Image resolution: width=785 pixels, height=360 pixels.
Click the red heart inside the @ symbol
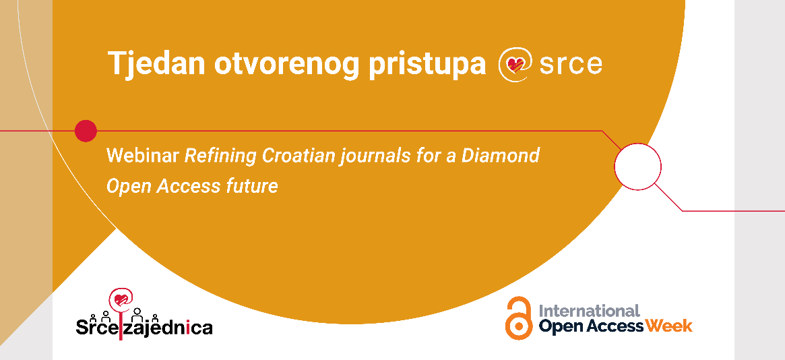pos(515,64)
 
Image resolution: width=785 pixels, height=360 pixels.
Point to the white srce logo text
pos(571,65)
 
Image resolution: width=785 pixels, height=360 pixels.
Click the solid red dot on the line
pos(86,131)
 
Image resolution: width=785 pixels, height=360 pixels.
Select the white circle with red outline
pos(638,167)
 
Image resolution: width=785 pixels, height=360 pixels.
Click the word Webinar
pos(143,156)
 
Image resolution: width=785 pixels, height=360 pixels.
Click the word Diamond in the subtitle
pos(501,156)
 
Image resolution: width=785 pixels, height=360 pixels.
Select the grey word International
pos(589,311)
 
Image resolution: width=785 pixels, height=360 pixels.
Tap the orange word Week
pos(669,326)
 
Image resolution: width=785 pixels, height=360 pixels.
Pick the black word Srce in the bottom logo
pos(96,327)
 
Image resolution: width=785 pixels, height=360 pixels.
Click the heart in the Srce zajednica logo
pos(121,300)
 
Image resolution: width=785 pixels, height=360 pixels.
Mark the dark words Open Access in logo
pos(591,326)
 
